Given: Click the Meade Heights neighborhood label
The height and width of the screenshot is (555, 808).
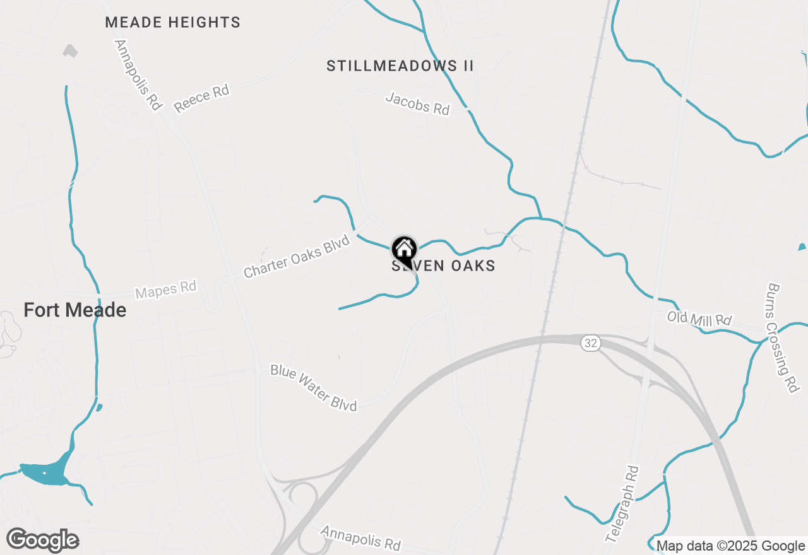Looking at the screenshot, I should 172,23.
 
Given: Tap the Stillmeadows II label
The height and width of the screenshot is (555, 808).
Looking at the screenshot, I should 400,66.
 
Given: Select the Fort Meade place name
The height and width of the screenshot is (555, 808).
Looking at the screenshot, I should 74,310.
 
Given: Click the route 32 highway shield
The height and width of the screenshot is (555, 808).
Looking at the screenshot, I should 590,343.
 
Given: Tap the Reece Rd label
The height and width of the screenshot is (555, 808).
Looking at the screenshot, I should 201,99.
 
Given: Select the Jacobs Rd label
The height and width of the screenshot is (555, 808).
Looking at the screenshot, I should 417,104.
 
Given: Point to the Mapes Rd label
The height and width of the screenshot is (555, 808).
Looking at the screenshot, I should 166,290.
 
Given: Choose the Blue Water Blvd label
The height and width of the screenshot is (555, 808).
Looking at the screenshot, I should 314,387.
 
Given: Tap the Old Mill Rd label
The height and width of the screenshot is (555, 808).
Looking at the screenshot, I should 699,319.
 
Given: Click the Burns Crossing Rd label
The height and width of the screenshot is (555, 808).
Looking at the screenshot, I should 782,337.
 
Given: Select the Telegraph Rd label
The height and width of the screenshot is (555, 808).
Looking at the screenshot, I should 622,505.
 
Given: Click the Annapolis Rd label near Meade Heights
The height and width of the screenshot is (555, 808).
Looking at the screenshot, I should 138,75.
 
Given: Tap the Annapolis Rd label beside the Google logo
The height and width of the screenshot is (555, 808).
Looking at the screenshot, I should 360,537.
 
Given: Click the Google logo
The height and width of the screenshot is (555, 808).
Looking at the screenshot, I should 43,540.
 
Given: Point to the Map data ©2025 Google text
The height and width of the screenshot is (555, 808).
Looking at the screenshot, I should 730,546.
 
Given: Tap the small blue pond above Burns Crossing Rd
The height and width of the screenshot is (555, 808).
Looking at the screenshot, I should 802,247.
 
